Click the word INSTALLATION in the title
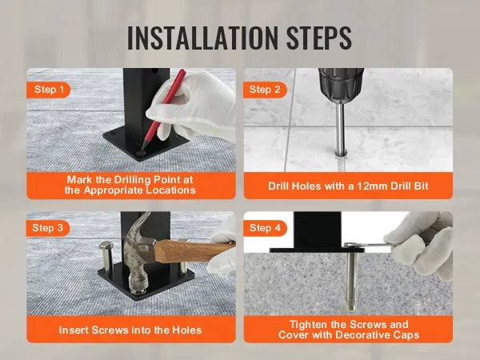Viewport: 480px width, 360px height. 195,37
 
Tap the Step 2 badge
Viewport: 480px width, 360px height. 269,90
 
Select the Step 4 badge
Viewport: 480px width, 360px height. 269,228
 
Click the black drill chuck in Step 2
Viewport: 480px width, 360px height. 340,85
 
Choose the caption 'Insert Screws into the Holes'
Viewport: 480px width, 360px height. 130,330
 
